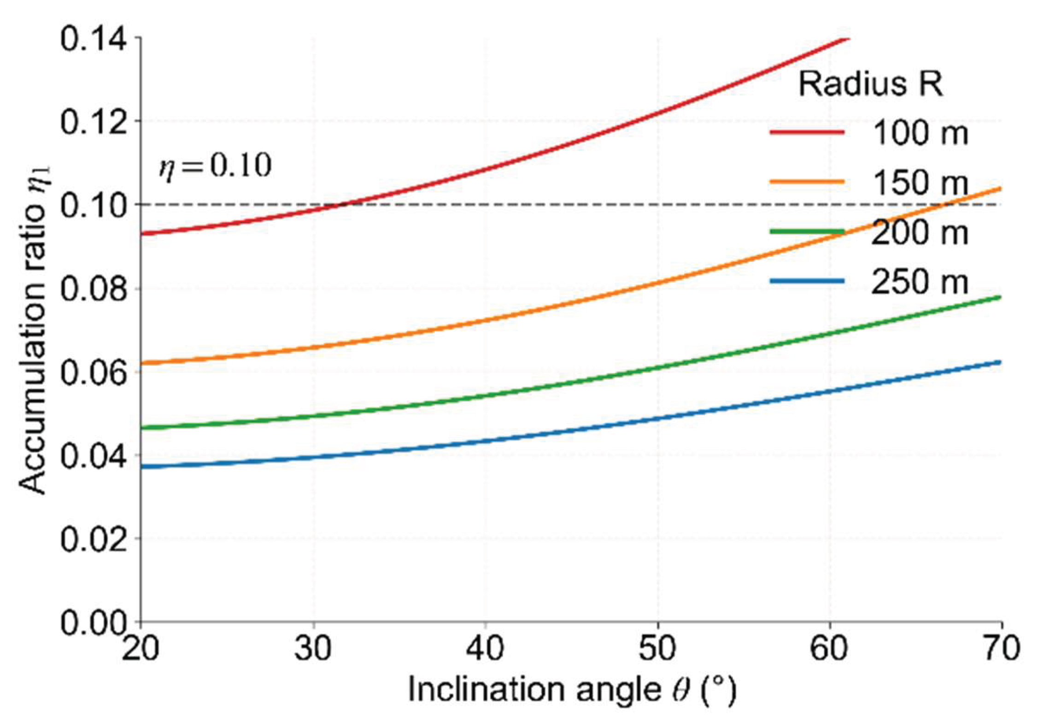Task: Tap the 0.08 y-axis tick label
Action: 94,289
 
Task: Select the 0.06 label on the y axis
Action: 94,372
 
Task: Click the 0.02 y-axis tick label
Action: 94,539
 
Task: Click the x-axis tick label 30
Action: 313,648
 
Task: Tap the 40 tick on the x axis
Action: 485,648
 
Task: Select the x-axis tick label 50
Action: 658,648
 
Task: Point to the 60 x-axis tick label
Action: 830,648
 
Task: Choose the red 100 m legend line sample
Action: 807,132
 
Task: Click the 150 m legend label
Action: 920,183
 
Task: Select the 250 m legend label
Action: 920,282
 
